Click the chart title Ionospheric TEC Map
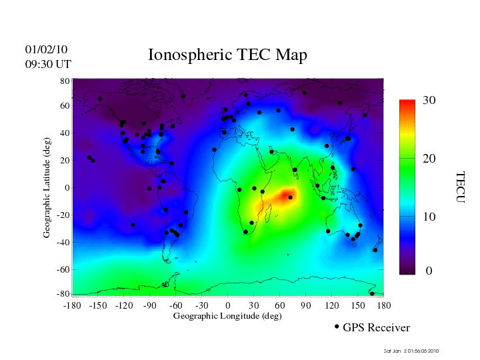(x=227, y=55)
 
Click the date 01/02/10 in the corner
(x=46, y=50)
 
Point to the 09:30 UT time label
(x=48, y=64)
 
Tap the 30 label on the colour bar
(x=429, y=101)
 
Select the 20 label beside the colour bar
(x=429, y=161)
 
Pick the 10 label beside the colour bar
(x=429, y=217)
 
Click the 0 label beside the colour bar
(x=429, y=271)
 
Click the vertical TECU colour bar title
(x=460, y=187)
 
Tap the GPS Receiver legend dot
(x=337, y=327)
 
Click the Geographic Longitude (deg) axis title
(x=227, y=316)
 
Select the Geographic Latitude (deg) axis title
(x=47, y=192)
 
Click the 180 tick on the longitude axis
(x=384, y=305)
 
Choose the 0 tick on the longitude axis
(x=228, y=305)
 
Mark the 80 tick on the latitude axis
(x=65, y=81)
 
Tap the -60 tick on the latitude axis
(x=63, y=270)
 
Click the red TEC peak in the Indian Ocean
(x=287, y=195)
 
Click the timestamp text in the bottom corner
(x=411, y=351)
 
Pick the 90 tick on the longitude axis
(x=306, y=305)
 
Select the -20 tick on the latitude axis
(x=63, y=215)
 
